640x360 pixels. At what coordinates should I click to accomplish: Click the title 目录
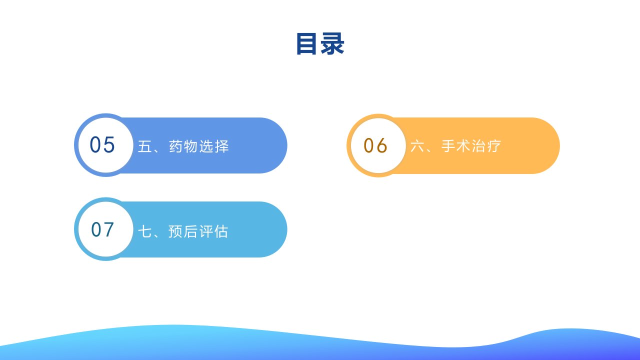click(x=320, y=43)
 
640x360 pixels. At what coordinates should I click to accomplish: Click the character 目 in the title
click(x=306, y=43)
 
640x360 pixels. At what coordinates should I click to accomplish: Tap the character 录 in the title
click(x=332, y=43)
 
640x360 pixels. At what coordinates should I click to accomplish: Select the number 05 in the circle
click(x=102, y=144)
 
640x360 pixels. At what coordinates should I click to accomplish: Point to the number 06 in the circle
click(x=375, y=145)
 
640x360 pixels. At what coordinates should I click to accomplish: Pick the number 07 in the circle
click(x=102, y=229)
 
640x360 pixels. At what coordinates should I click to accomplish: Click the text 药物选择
click(x=199, y=146)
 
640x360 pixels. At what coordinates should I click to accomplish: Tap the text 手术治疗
click(x=471, y=145)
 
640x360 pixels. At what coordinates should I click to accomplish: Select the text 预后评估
click(x=198, y=231)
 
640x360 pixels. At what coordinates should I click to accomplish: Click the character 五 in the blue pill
click(x=145, y=146)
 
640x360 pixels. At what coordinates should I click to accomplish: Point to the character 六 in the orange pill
click(x=417, y=145)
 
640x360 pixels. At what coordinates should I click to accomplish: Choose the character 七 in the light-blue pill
click(x=145, y=231)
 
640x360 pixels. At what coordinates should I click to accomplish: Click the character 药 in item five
click(x=176, y=146)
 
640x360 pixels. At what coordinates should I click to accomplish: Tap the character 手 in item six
click(x=448, y=145)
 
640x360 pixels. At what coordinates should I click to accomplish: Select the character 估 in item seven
click(x=221, y=231)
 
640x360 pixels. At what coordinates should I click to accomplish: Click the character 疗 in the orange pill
click(x=494, y=145)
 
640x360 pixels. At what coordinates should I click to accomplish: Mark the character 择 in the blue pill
click(x=222, y=146)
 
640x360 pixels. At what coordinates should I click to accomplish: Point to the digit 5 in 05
click(x=109, y=144)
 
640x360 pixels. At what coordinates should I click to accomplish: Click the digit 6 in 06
click(x=381, y=145)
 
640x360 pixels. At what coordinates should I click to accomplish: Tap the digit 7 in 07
click(x=108, y=229)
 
